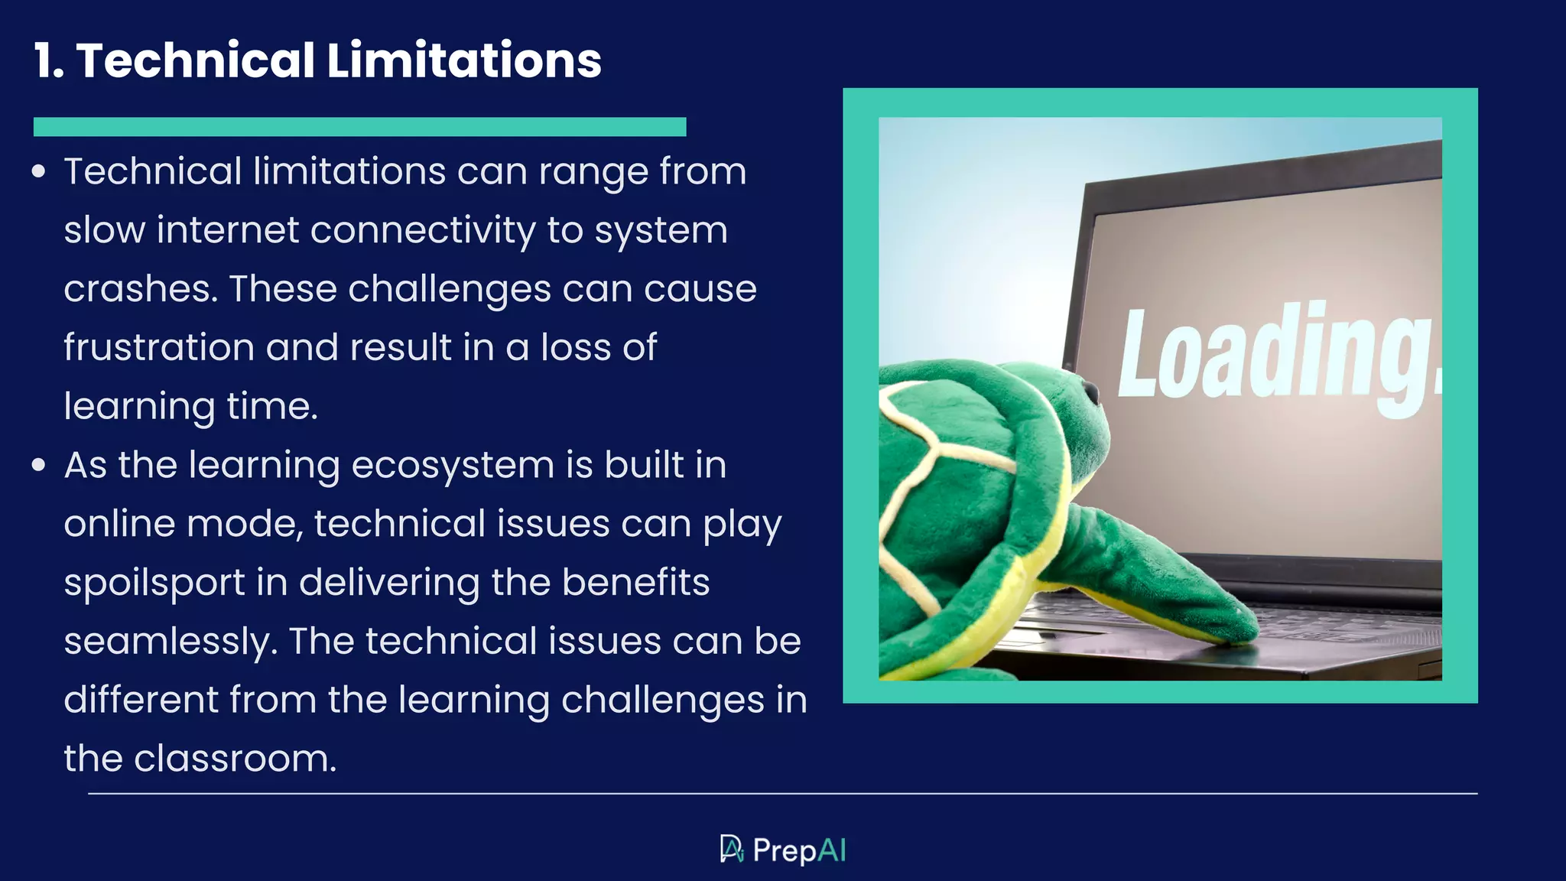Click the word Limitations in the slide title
click(464, 60)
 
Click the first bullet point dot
click(39, 171)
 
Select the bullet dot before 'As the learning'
click(39, 465)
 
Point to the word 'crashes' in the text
click(135, 289)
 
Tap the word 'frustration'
click(158, 348)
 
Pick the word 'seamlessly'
click(169, 642)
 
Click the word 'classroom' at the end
click(234, 759)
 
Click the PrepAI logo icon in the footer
click(732, 849)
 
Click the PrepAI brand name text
click(799, 850)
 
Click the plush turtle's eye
click(1091, 392)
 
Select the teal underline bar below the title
click(359, 127)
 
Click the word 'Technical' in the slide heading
click(195, 60)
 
